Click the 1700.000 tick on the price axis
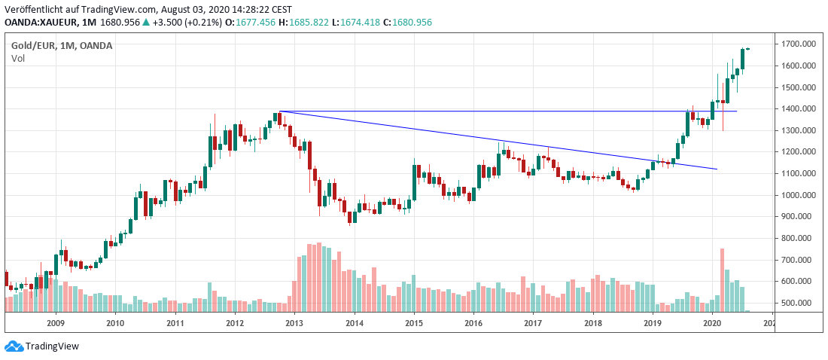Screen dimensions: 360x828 tap(796, 44)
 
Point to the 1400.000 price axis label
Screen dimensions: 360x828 tap(796, 109)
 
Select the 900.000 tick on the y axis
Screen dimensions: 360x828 tap(796, 217)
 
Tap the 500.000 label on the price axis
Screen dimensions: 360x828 tap(796, 304)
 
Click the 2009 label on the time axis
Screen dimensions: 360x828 tap(55, 323)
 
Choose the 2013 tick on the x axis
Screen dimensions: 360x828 tap(294, 323)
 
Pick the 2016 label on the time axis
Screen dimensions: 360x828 tap(473, 323)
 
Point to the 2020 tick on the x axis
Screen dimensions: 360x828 tap(712, 323)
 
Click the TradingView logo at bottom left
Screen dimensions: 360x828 tap(42, 346)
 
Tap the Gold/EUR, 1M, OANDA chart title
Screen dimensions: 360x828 tap(62, 46)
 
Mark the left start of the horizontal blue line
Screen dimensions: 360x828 tap(279, 111)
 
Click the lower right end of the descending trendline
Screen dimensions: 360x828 tap(717, 169)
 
